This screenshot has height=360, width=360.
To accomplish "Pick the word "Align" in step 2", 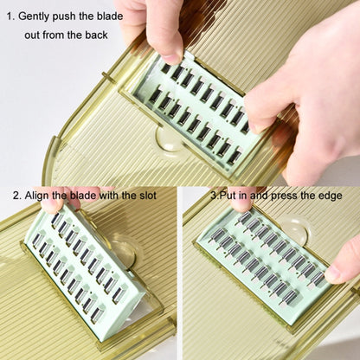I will click(41, 196).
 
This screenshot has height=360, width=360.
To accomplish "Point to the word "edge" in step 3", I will click(341, 196).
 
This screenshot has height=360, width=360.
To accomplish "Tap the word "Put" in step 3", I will click(227, 196).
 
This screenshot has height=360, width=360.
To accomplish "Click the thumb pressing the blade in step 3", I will click(344, 265).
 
